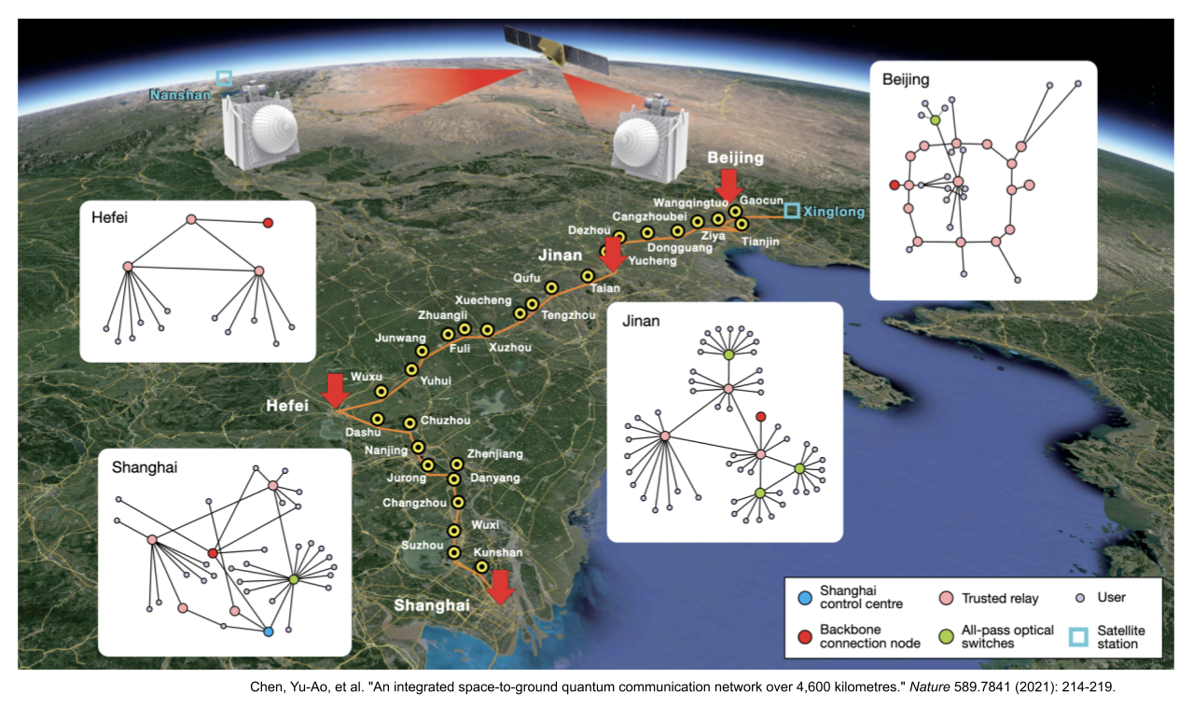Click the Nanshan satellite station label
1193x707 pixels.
point(181,94)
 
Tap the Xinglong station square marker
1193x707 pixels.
point(791,212)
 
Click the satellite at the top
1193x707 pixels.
point(555,50)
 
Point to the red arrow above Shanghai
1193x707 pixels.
point(501,587)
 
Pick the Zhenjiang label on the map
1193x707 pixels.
point(495,453)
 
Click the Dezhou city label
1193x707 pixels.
point(588,229)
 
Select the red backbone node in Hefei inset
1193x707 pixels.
point(268,223)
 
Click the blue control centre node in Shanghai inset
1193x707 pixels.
point(268,631)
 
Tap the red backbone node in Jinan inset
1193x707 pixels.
point(760,416)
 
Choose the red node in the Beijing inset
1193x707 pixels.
point(895,185)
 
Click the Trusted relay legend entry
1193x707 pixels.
point(999,598)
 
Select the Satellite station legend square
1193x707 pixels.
point(1078,637)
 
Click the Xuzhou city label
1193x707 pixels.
point(509,348)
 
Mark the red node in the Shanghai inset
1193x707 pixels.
point(213,553)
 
